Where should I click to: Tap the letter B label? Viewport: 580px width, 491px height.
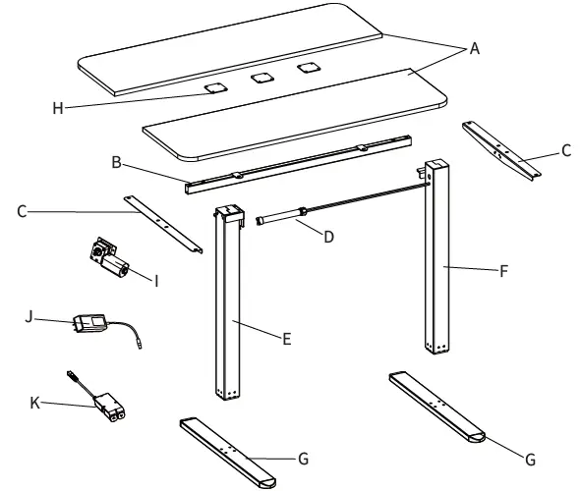pos(117,163)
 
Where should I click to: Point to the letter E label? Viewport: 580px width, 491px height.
pos(286,339)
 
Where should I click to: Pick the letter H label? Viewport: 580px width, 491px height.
pos(58,108)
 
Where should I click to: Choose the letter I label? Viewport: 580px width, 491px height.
pos(156,280)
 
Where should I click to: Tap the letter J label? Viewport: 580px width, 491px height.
pos(29,317)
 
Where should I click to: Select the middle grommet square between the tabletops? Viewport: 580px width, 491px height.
pos(261,78)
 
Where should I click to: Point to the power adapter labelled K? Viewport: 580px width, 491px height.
pos(108,406)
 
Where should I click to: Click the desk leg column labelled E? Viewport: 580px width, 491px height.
pos(227,304)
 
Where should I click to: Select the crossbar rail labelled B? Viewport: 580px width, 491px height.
pos(295,162)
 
